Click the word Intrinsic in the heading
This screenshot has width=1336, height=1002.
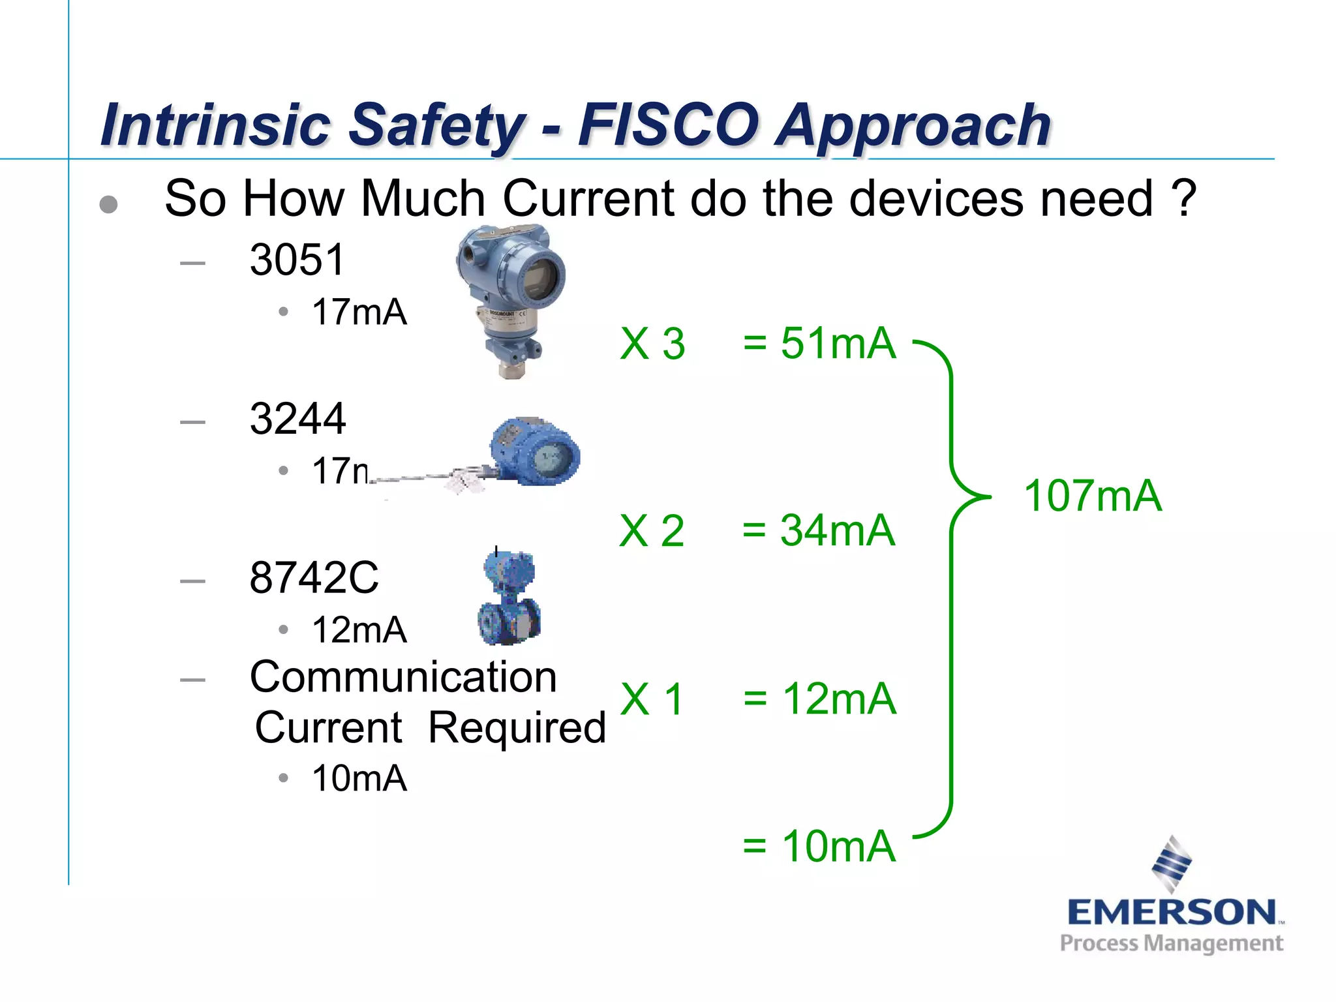pos(216,125)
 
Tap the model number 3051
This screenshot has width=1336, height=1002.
pos(297,260)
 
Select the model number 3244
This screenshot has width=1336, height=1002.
pos(297,419)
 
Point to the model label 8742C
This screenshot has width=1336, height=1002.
pos(314,577)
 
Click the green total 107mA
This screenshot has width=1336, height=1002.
pos(1093,496)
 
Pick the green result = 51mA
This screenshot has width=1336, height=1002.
pos(819,343)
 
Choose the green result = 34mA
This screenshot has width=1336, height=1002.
pos(819,530)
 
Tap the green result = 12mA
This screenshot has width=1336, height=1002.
pos(819,699)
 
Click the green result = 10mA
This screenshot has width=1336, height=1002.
pos(819,847)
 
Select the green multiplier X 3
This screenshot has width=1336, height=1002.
pos(652,344)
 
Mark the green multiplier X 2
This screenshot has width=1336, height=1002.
pos(652,530)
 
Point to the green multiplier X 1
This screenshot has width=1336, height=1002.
pos(652,699)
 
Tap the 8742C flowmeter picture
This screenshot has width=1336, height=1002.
pos(509,598)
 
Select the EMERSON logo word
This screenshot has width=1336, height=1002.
pos(1172,912)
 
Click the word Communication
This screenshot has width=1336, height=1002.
pos(403,677)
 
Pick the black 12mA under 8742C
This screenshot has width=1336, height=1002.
pos(359,630)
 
